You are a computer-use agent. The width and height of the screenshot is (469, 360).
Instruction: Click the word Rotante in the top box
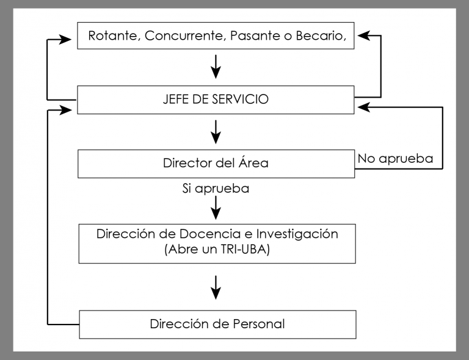click(111, 36)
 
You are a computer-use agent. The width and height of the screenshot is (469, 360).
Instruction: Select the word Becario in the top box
click(322, 36)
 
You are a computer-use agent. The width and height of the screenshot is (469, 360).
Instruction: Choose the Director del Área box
click(216, 164)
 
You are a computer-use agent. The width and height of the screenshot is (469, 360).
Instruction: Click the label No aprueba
click(396, 159)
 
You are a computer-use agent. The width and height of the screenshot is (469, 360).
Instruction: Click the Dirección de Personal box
click(216, 323)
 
